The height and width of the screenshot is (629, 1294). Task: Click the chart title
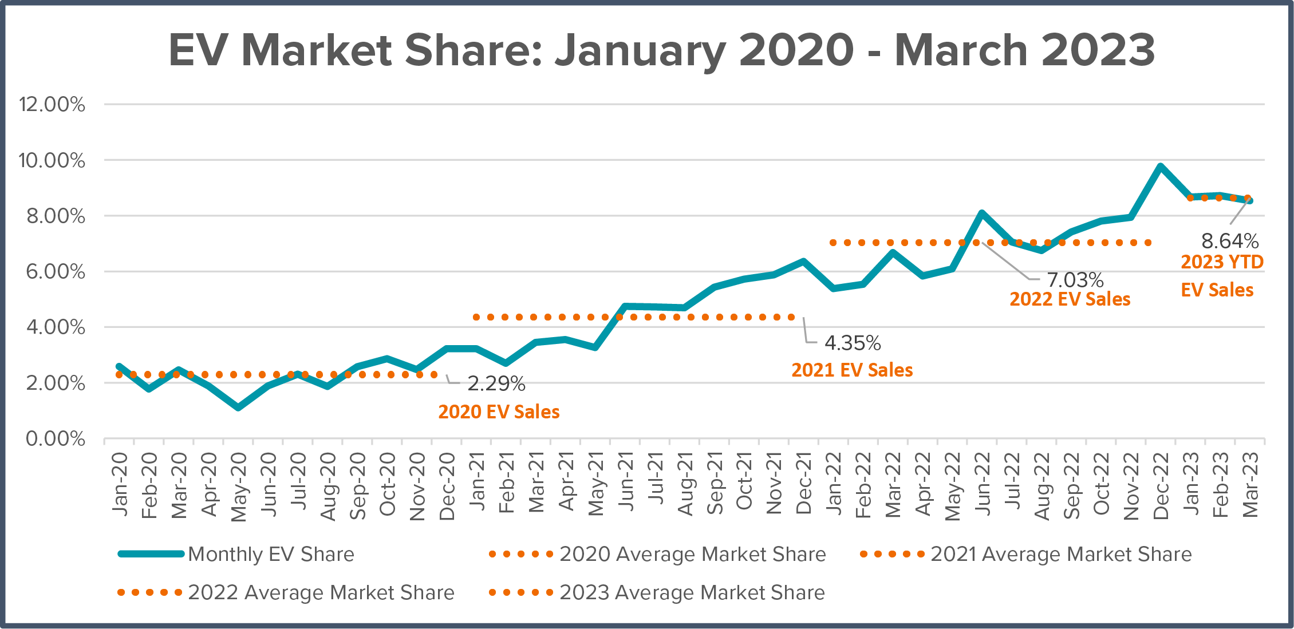pyautogui.click(x=662, y=50)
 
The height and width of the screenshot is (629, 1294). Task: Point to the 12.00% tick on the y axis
pyautogui.click(x=52, y=105)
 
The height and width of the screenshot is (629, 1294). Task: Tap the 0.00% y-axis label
pyautogui.click(x=56, y=439)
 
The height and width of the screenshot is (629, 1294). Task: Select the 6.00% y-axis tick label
pyautogui.click(x=56, y=272)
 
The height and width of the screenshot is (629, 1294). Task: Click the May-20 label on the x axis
pyautogui.click(x=238, y=486)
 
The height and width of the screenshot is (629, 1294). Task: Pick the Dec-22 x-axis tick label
pyautogui.click(x=1161, y=486)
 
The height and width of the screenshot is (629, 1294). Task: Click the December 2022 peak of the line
pyautogui.click(x=1161, y=167)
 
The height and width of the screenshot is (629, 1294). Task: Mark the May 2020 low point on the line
pyautogui.click(x=238, y=408)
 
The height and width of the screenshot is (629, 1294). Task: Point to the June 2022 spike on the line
pyautogui.click(x=982, y=213)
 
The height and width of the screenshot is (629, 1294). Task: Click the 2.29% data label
pyautogui.click(x=496, y=384)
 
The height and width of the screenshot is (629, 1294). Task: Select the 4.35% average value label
pyautogui.click(x=853, y=343)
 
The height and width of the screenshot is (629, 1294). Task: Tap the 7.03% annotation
pyautogui.click(x=1075, y=280)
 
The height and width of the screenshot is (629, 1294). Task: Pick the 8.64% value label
pyautogui.click(x=1230, y=241)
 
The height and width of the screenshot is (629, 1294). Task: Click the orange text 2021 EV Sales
pyautogui.click(x=852, y=370)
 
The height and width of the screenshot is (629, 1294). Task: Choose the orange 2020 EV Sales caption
pyautogui.click(x=499, y=412)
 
